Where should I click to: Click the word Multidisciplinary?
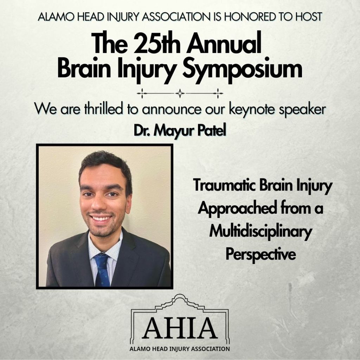[261, 232]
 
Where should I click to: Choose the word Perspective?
[261, 255]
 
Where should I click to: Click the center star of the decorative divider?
[180, 94]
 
